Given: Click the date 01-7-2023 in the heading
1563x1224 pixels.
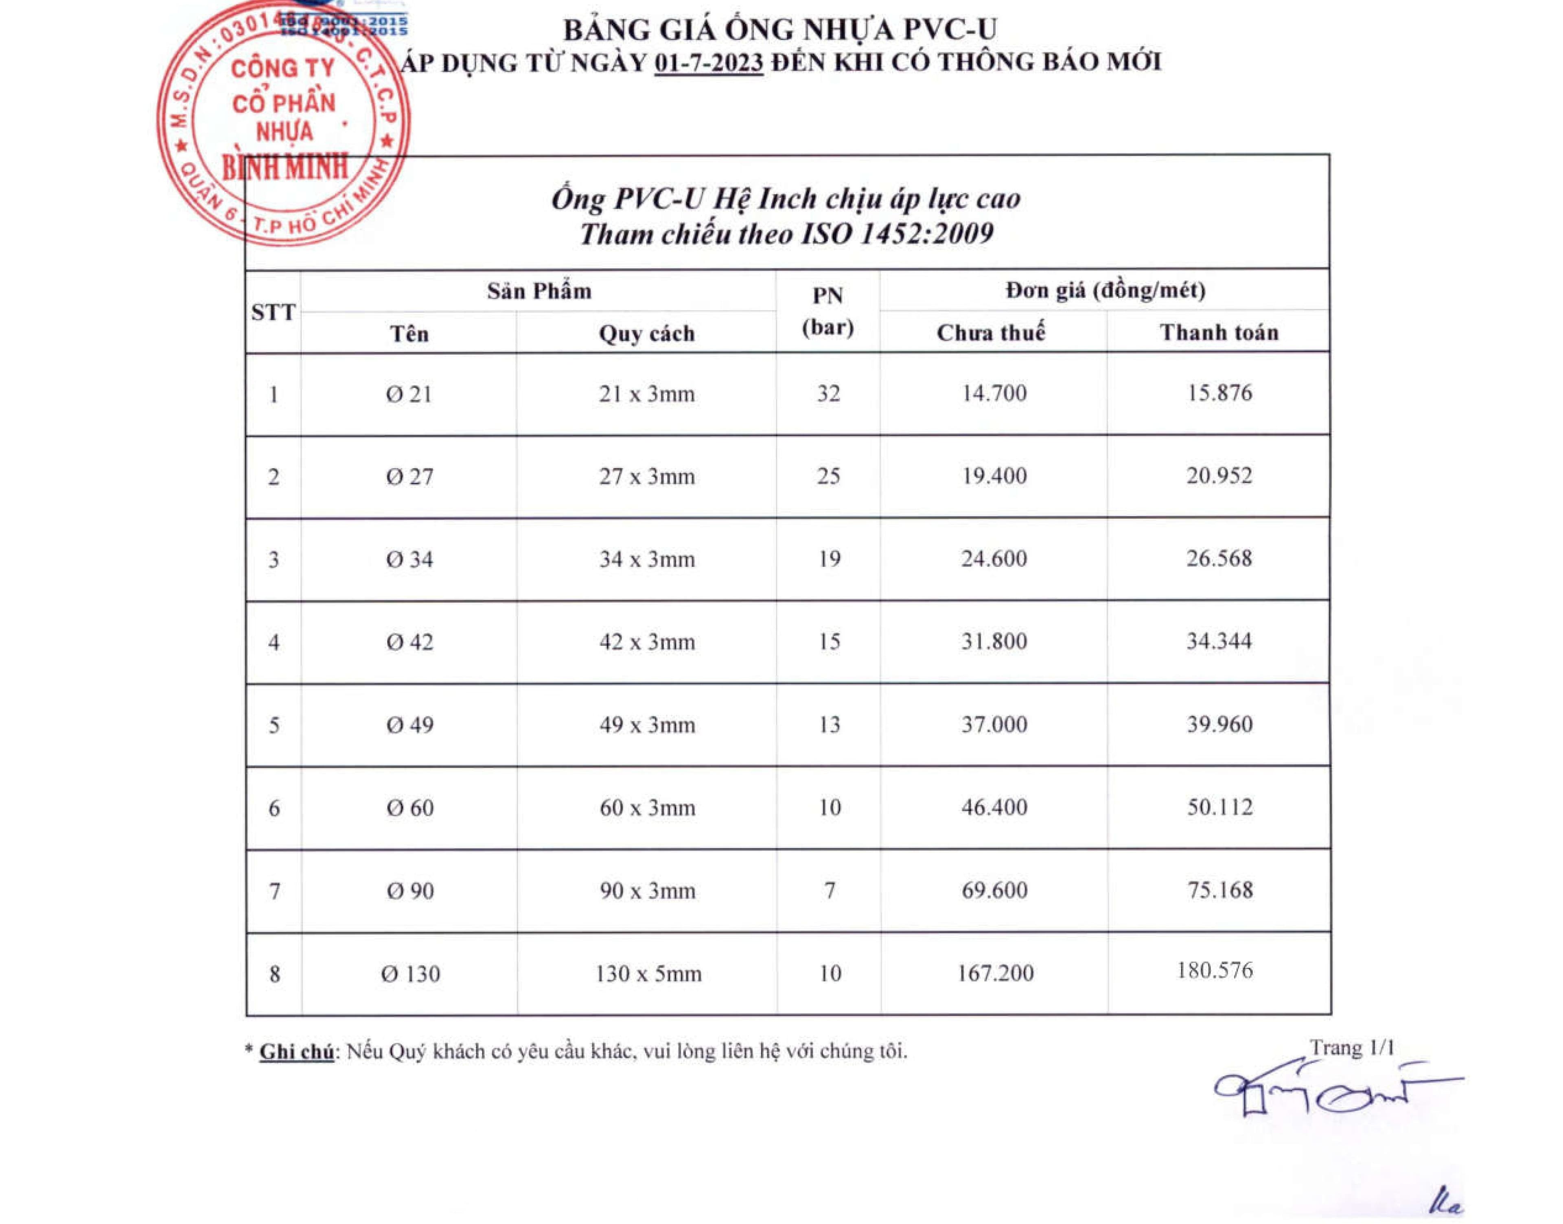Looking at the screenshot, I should [708, 63].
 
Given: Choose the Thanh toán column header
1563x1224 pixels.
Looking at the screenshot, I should [1219, 332].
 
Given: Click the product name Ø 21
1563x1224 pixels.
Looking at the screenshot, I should [409, 394].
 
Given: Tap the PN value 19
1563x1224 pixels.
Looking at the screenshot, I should [828, 559].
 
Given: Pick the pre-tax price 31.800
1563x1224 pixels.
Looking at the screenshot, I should [994, 641].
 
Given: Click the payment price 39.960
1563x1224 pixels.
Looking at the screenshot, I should [1219, 724].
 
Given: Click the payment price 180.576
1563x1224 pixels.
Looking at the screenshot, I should [1215, 971].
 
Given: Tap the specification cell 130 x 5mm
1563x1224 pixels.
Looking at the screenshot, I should [648, 974].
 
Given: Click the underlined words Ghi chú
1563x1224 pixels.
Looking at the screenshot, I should [296, 1052].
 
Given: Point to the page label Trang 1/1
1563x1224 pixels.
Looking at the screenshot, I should [1352, 1048].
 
